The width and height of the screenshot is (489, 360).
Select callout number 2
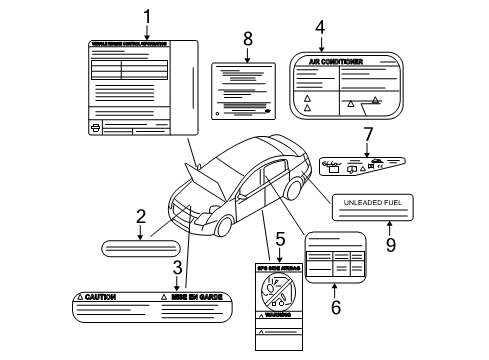141,215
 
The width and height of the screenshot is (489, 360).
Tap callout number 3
177,267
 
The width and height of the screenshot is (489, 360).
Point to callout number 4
320,27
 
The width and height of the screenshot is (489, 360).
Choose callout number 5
281,239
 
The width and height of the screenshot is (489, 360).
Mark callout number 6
336,307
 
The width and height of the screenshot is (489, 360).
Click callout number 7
368,133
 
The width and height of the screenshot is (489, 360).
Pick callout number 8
248,39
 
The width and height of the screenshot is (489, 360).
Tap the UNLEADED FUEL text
373,204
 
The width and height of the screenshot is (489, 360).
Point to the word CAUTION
101,298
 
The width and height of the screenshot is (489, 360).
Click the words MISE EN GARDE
196,298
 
